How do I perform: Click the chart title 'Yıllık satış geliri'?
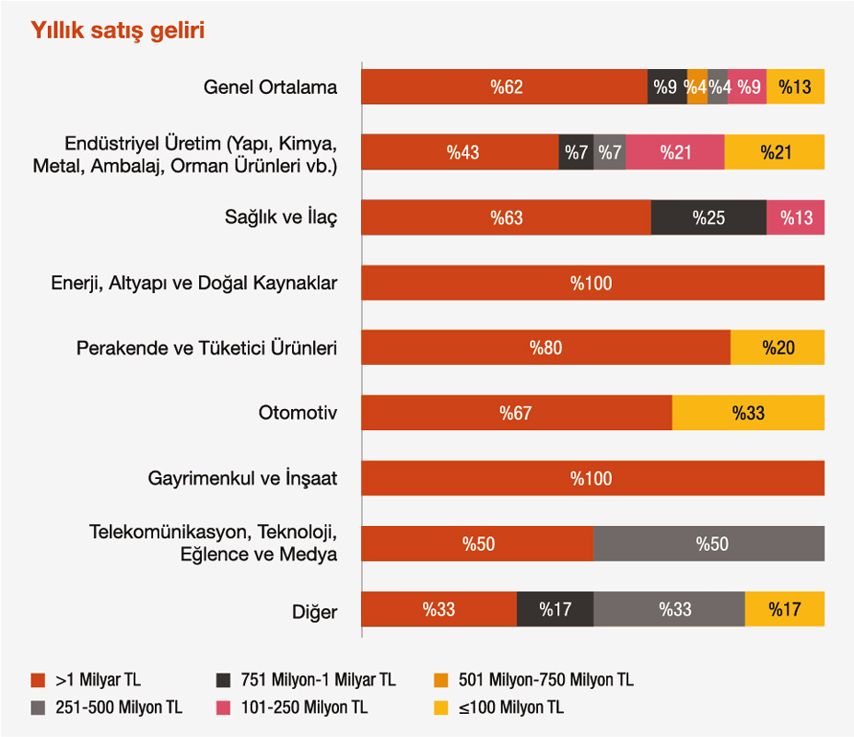tap(118, 30)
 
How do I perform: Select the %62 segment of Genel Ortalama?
tap(504, 87)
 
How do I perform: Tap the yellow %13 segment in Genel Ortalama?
tap(795, 87)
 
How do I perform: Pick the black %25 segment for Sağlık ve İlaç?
tap(708, 217)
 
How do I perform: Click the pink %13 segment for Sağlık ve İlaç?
tap(795, 217)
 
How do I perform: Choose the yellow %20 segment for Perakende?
tap(778, 348)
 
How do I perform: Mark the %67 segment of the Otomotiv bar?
tap(516, 413)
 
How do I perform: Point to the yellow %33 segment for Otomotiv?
tap(748, 413)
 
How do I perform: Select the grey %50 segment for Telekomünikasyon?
tap(708, 544)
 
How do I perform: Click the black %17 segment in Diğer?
tap(555, 609)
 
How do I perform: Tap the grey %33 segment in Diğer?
tap(669, 609)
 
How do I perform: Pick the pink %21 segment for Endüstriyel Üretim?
tap(675, 152)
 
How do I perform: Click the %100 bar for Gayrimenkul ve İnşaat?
tap(592, 478)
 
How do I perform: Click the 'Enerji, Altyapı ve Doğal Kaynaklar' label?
tap(194, 283)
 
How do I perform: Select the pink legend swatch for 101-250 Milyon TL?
tap(222, 708)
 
